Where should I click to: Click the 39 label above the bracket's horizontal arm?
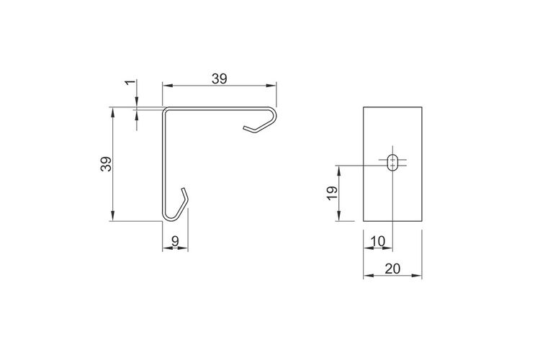[220, 79]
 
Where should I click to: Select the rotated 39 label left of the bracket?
[107, 164]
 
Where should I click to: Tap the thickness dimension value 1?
[130, 82]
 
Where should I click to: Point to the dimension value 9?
[175, 241]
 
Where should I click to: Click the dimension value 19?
[333, 193]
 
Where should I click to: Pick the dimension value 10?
[378, 241]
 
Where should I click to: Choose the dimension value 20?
[392, 269]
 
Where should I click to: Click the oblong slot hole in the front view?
[392, 163]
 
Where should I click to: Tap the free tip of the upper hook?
[244, 128]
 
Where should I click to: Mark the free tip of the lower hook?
[183, 189]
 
